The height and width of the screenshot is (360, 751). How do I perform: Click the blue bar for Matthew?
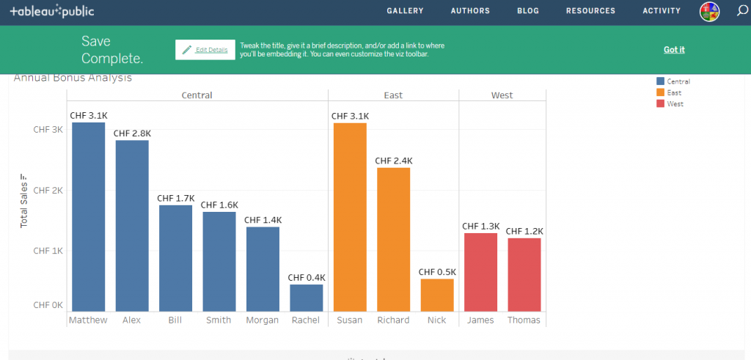(88, 216)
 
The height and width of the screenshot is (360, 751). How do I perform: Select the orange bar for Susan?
(350, 216)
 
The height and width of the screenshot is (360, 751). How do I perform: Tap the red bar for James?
(480, 272)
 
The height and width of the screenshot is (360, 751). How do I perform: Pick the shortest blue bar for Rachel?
(306, 298)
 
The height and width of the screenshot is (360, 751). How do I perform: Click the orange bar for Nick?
(437, 295)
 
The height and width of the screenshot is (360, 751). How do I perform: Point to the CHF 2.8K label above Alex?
(132, 133)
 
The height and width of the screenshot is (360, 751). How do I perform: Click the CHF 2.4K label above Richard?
(394, 161)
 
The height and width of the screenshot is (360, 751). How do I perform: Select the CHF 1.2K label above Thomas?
(524, 231)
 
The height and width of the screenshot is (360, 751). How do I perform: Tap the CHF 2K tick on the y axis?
(48, 190)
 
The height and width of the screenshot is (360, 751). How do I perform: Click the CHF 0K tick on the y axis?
(48, 305)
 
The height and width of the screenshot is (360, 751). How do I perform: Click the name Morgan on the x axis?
(263, 320)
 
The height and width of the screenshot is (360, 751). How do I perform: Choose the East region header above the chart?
(393, 95)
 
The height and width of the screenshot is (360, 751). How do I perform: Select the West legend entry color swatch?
(660, 104)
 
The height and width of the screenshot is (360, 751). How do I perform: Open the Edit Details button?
(205, 50)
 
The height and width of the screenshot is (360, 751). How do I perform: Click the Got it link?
(673, 50)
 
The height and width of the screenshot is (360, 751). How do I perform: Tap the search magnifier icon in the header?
(741, 11)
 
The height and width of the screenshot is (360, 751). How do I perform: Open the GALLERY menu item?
(405, 11)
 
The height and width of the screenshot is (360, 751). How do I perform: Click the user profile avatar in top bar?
(709, 11)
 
